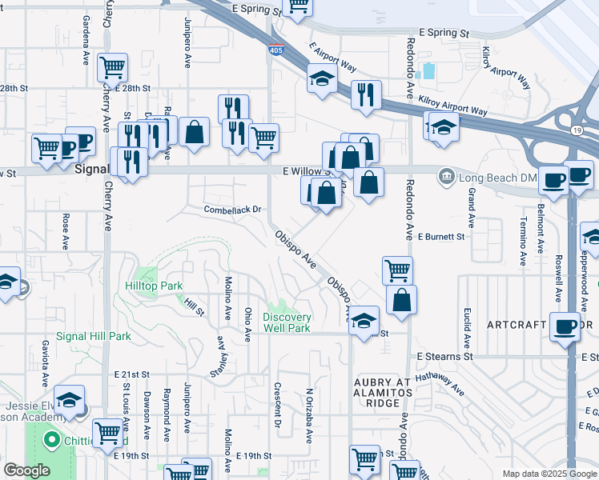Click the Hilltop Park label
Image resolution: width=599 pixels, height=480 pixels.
155,286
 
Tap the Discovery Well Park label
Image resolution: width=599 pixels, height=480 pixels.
287,322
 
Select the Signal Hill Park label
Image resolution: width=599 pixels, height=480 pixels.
98,337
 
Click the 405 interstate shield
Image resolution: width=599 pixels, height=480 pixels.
275,50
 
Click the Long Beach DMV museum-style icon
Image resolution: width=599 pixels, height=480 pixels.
445,174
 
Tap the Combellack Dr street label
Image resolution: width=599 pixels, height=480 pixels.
233,210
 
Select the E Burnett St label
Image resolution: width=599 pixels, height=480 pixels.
440,237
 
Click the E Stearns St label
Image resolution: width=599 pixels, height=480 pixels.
440,356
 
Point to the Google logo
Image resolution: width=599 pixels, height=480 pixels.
26,470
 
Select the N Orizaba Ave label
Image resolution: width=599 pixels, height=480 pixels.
308,416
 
